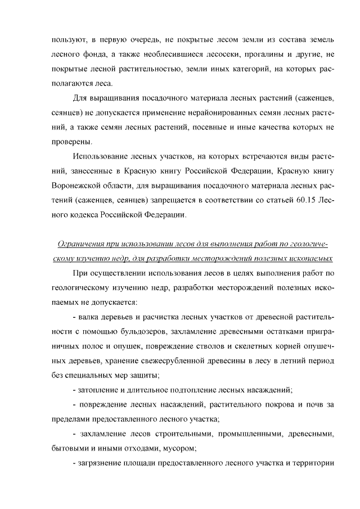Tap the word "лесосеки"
click(216, 56)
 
